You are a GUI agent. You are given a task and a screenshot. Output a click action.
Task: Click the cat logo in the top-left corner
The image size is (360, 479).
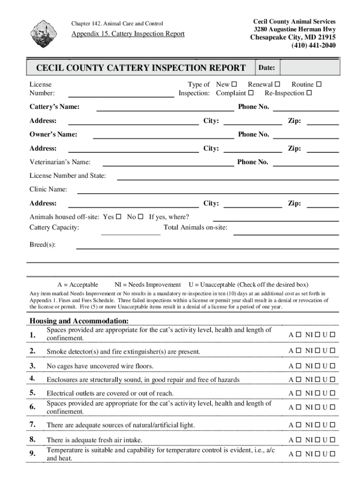tap(45, 34)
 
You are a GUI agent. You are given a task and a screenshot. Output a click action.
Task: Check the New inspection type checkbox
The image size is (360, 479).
tap(234, 85)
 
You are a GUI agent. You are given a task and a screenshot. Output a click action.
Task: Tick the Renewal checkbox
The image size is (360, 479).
tap(277, 85)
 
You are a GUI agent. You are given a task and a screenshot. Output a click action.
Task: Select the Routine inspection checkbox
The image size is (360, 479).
tap(319, 85)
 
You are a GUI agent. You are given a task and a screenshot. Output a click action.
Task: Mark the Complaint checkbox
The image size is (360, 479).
tap(251, 93)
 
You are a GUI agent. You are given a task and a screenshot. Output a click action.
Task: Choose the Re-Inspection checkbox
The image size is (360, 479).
tap(309, 93)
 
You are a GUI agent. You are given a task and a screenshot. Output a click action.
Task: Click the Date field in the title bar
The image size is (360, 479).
tap(309, 68)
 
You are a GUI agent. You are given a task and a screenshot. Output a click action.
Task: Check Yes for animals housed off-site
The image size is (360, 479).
tap(118, 217)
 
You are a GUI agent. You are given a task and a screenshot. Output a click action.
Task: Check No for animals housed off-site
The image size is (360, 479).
tap(140, 217)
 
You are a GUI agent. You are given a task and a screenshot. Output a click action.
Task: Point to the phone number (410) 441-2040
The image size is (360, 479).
tap(313, 45)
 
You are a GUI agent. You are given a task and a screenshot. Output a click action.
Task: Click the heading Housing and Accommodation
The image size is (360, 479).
tap(79, 321)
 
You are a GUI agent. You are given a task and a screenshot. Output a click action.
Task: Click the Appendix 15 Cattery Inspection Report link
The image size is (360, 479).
tap(128, 34)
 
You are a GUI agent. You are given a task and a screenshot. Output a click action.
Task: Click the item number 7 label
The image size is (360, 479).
tap(33, 424)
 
